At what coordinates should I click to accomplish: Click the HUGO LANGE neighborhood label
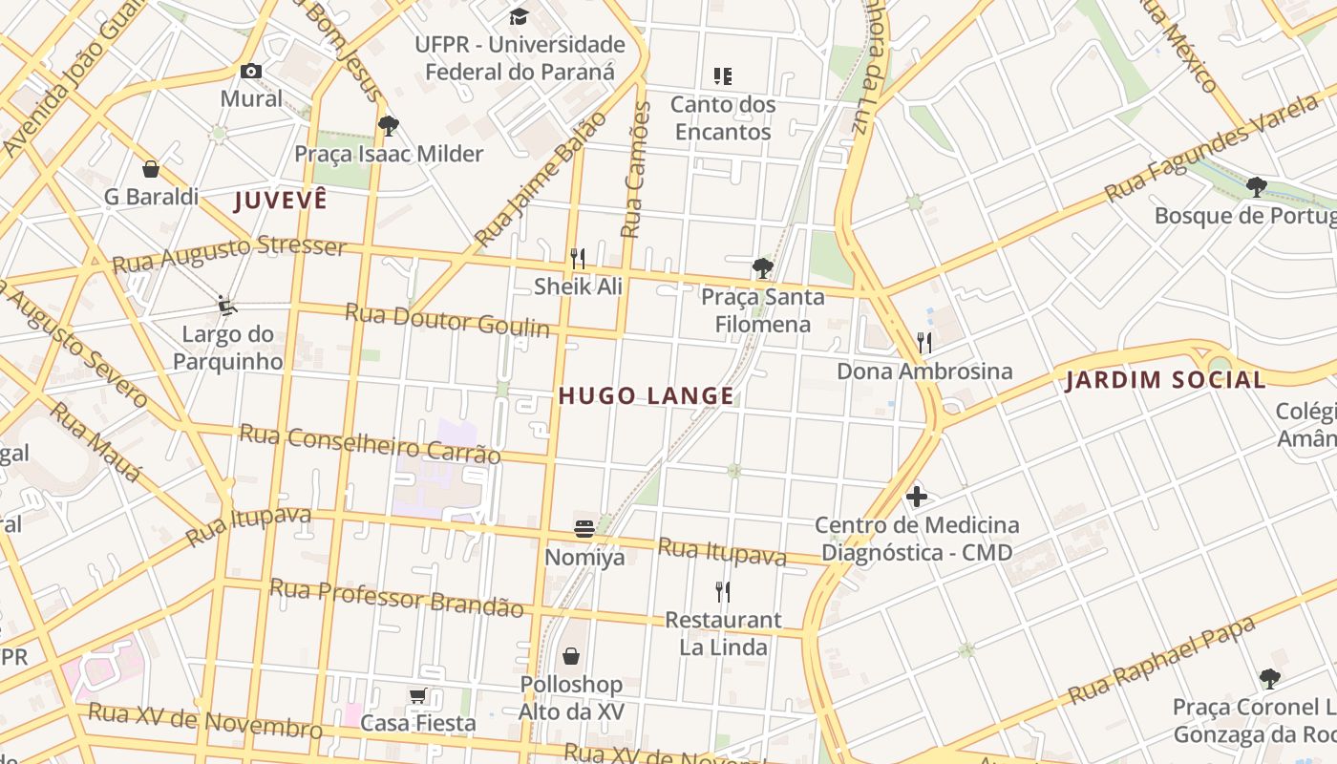coord(646,395)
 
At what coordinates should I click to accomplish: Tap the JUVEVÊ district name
coord(281,200)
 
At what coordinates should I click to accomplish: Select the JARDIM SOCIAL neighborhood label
coord(1165,380)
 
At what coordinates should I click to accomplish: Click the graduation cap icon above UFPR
coord(519,16)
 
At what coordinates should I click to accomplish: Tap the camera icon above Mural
coord(251,71)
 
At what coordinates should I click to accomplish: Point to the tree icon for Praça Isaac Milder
coord(388,125)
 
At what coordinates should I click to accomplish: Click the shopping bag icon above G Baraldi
coord(151,169)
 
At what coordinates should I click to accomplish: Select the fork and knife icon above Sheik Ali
coord(578,258)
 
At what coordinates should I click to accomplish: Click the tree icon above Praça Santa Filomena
coord(762,267)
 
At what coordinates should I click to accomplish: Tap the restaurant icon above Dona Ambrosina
coord(923,342)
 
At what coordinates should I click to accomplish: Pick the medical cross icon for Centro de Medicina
coord(917,496)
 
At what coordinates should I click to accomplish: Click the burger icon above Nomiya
coord(584,527)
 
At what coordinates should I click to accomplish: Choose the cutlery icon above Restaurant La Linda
coord(723,591)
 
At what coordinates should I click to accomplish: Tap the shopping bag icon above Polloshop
coord(571,656)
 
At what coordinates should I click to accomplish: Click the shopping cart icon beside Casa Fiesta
coord(417,695)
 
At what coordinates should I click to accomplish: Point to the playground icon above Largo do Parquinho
coord(226,306)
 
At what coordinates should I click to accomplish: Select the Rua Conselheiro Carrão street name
coord(370,443)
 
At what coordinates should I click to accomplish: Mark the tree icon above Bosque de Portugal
coord(1257,186)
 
